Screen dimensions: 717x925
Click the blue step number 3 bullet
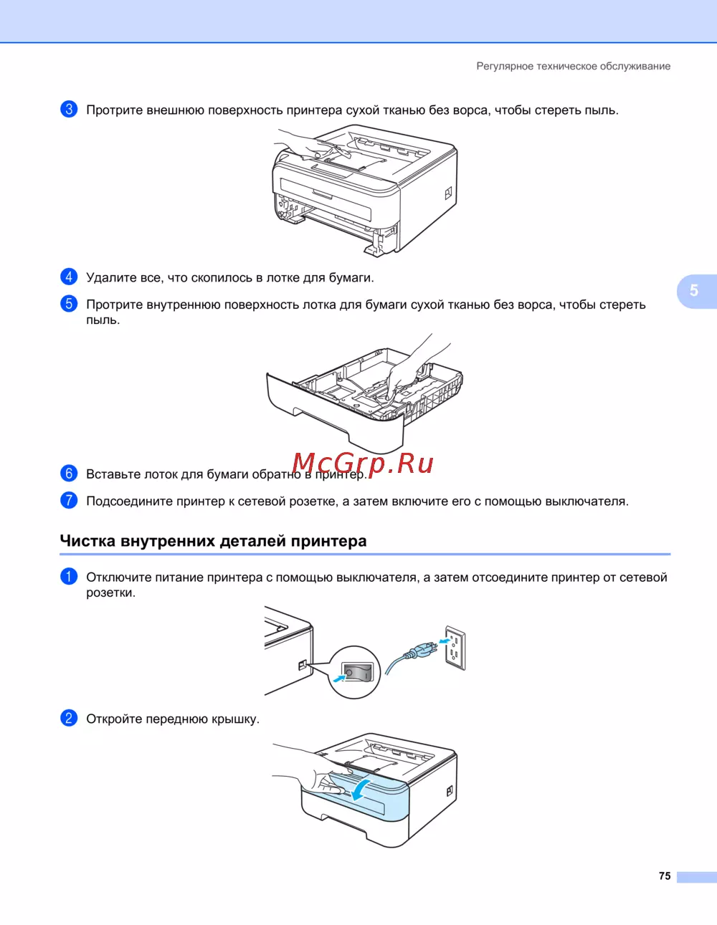pos(69,110)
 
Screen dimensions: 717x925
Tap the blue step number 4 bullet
pos(69,277)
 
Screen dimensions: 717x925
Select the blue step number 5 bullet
pos(69,304)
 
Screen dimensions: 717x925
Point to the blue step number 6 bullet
pos(69,474)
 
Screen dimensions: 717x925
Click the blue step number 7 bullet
pos(69,500)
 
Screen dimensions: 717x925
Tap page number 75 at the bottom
pos(665,876)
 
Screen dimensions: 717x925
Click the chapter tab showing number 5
pos(697,291)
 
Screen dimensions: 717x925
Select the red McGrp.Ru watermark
pos(364,464)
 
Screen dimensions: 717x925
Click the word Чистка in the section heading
pos(87,541)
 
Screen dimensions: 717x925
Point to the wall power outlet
pos(455,648)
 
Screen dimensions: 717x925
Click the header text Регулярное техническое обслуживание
pos(574,66)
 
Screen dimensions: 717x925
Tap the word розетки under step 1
pos(110,593)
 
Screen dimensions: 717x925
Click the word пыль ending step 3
pos(601,110)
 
